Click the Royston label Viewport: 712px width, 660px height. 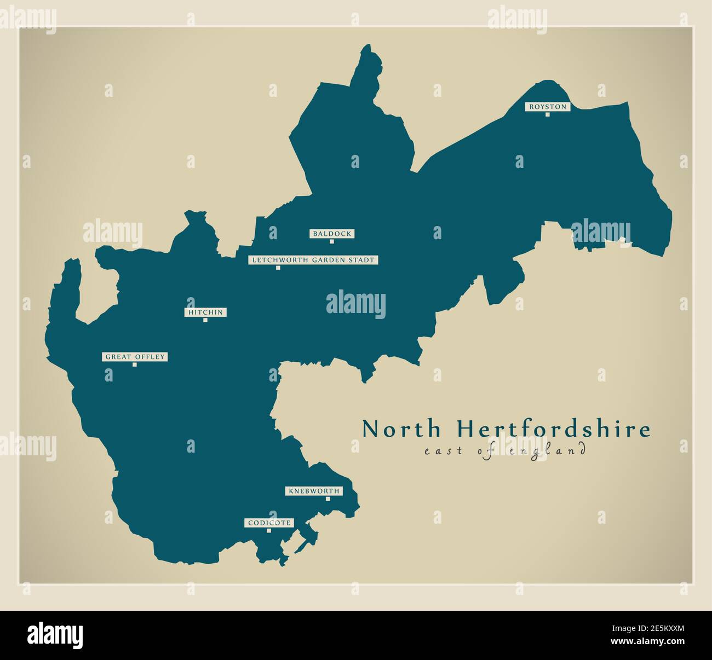click(547, 107)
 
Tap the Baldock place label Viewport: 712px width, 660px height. click(331, 234)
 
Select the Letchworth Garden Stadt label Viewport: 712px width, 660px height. click(313, 260)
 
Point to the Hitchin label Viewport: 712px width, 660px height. click(205, 312)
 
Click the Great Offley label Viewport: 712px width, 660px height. click(134, 357)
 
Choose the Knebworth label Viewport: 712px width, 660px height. click(313, 491)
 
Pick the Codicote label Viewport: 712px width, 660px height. click(268, 523)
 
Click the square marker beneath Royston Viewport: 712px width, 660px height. click(547, 114)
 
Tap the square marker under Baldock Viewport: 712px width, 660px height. click(331, 241)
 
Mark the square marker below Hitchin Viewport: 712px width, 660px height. click(205, 320)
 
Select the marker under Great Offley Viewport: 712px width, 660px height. click(134, 364)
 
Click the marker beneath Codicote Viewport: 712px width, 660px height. click(268, 530)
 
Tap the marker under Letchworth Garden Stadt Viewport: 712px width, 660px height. click(278, 268)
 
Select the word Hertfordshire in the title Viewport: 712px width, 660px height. click(554, 430)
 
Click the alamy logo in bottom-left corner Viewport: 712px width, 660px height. click(55, 635)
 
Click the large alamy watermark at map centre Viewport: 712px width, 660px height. click(356, 304)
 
